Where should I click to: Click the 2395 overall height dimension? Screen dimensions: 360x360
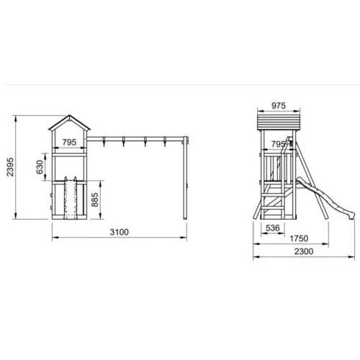(x=10, y=167)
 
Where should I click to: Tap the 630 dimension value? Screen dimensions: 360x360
(x=40, y=167)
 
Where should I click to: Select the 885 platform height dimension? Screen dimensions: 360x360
(x=95, y=199)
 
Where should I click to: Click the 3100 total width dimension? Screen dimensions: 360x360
(x=120, y=232)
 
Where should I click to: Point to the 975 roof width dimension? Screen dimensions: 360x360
(x=279, y=106)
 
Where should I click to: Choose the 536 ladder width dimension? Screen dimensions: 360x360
(x=273, y=228)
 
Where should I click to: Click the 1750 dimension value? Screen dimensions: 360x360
(x=299, y=238)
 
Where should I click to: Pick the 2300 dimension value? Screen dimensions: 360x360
(x=304, y=251)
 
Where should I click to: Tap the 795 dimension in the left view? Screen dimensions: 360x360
(x=69, y=143)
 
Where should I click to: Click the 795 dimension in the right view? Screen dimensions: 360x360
(x=279, y=144)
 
